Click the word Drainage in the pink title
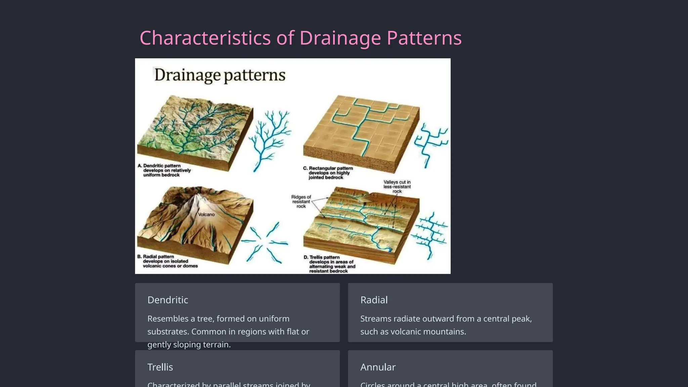[340, 38]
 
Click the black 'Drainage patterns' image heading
[220, 75]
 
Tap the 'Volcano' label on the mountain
[206, 214]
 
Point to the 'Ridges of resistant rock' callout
[301, 202]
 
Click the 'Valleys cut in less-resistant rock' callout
[397, 186]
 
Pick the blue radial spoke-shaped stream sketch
[264, 242]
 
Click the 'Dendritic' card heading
[168, 300]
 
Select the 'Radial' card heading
[374, 300]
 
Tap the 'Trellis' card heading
[160, 367]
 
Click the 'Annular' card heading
[378, 367]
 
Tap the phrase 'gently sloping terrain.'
[189, 345]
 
